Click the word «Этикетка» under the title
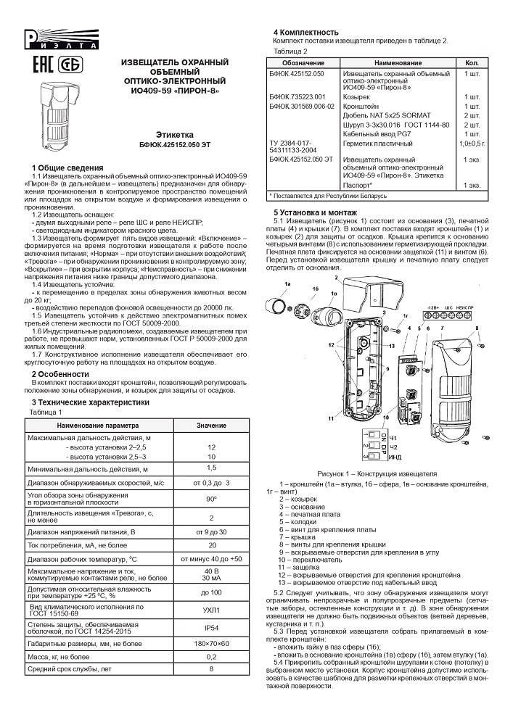[173, 135]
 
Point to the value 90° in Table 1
[211, 500]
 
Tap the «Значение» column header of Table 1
[211, 424]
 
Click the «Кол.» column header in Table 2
[472, 63]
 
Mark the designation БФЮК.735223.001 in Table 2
[296, 96]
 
